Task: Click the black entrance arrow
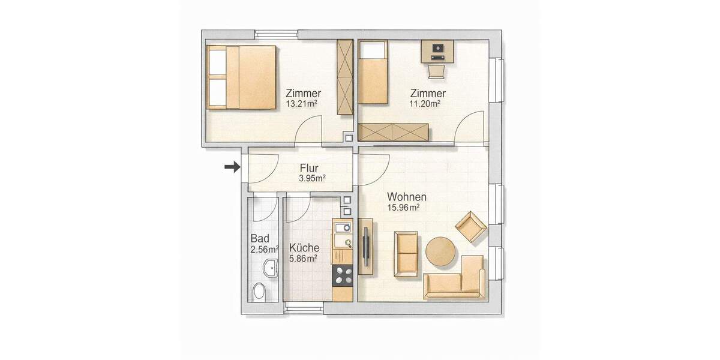(231, 167)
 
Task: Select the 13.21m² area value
(302, 103)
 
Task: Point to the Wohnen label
(407, 197)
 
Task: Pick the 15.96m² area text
(403, 208)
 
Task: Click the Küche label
(304, 248)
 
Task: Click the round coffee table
(442, 253)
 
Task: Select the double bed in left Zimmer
(242, 77)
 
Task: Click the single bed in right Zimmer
(373, 73)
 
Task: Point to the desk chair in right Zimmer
(437, 71)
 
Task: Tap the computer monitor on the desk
(437, 47)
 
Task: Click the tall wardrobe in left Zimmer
(345, 77)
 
